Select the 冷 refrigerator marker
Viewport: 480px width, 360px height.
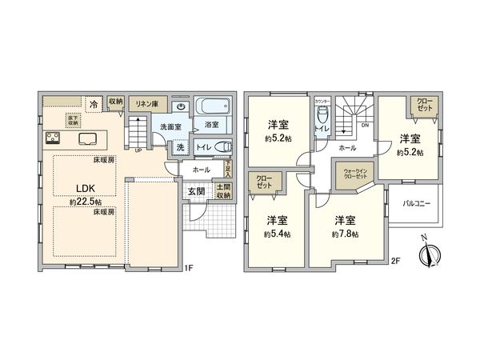pos(94,103)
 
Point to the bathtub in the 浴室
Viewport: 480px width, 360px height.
pos(212,106)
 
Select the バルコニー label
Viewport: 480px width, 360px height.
pos(416,204)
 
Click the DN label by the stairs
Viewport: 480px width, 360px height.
pos(365,126)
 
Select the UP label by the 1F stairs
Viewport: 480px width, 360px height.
pos(139,149)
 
